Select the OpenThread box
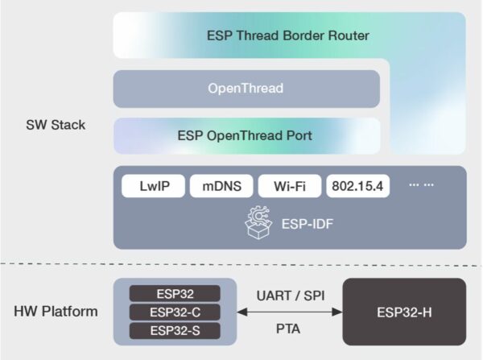point(246,89)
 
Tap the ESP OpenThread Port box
point(246,135)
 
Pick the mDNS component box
point(221,186)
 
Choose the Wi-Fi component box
point(289,186)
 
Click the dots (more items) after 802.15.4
point(421,185)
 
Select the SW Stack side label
point(56,126)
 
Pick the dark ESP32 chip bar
point(175,294)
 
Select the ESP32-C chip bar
point(175,312)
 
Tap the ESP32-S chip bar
point(175,330)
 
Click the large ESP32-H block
point(404,312)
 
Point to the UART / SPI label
point(289,295)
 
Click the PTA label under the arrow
point(289,329)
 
